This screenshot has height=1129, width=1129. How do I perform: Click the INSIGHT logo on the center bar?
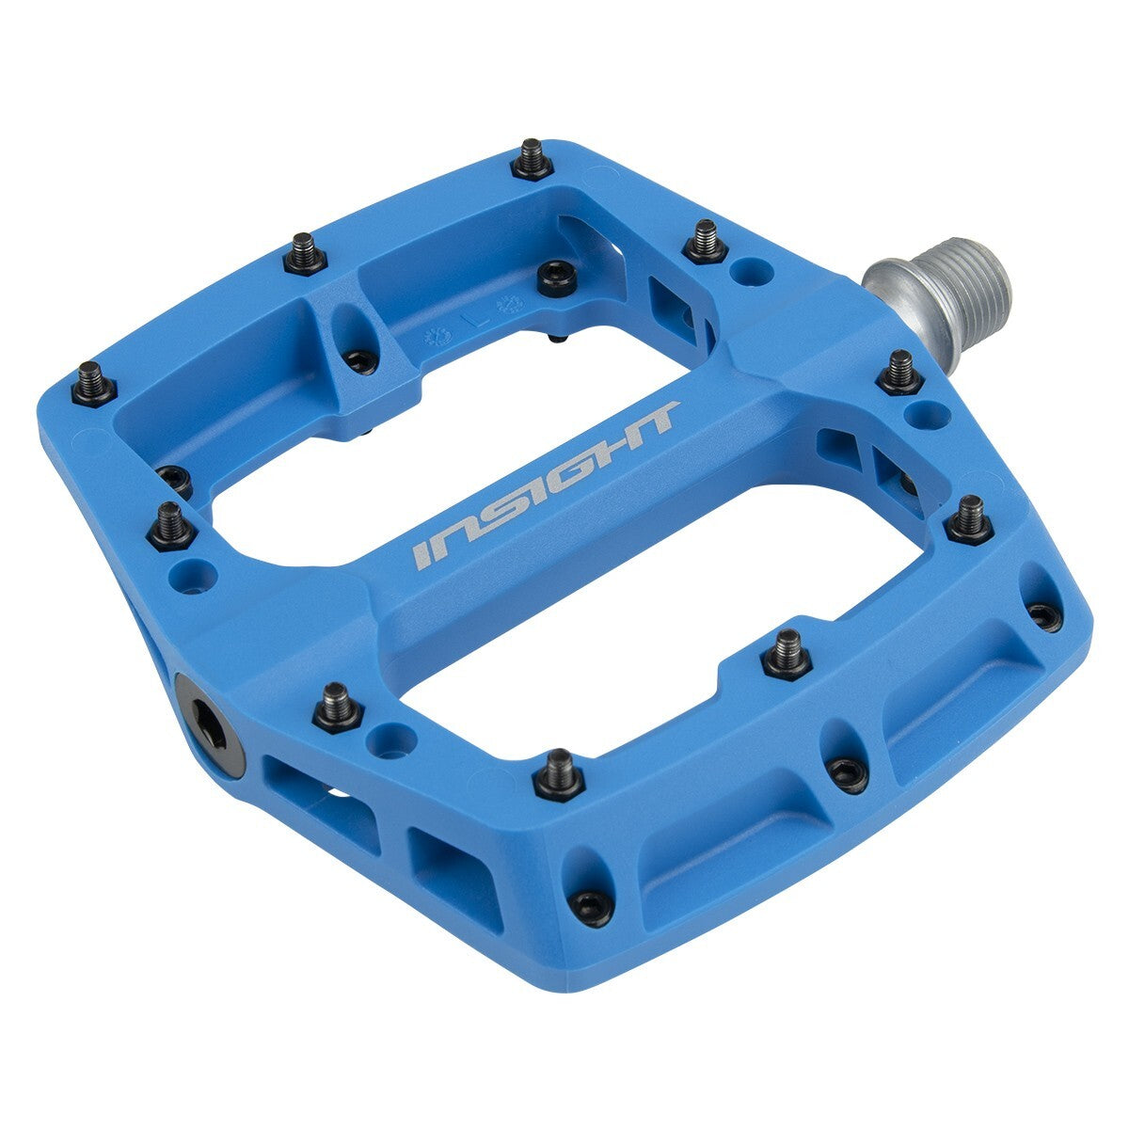pyautogui.click(x=547, y=485)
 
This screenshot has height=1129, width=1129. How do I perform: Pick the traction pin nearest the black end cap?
pyautogui.click(x=338, y=706)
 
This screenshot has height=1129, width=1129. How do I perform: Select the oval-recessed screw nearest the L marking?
pyautogui.click(x=360, y=358)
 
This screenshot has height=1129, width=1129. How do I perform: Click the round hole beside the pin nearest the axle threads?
pyautogui.click(x=925, y=413)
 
